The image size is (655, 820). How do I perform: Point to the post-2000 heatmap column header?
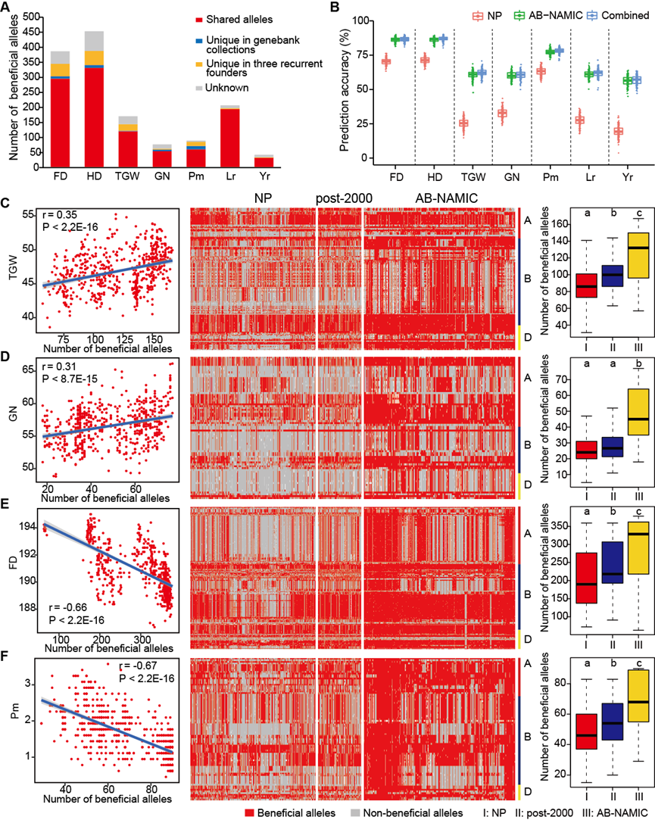pyautogui.click(x=338, y=198)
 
